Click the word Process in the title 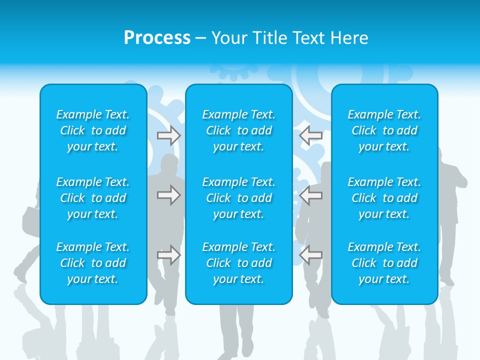tap(157, 38)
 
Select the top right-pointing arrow tap(169, 135)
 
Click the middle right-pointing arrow tap(169, 195)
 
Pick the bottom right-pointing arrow tap(169, 255)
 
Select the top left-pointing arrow tap(311, 135)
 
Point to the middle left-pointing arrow tap(311, 195)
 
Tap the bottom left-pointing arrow tap(311, 255)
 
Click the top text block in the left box tap(93, 130)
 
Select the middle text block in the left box tap(93, 198)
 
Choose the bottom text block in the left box tap(93, 263)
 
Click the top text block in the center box tap(239, 130)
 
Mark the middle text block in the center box tap(239, 198)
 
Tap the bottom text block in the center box tap(239, 263)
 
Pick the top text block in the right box tap(384, 130)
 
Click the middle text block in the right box tap(384, 198)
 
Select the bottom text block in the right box tap(384, 263)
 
